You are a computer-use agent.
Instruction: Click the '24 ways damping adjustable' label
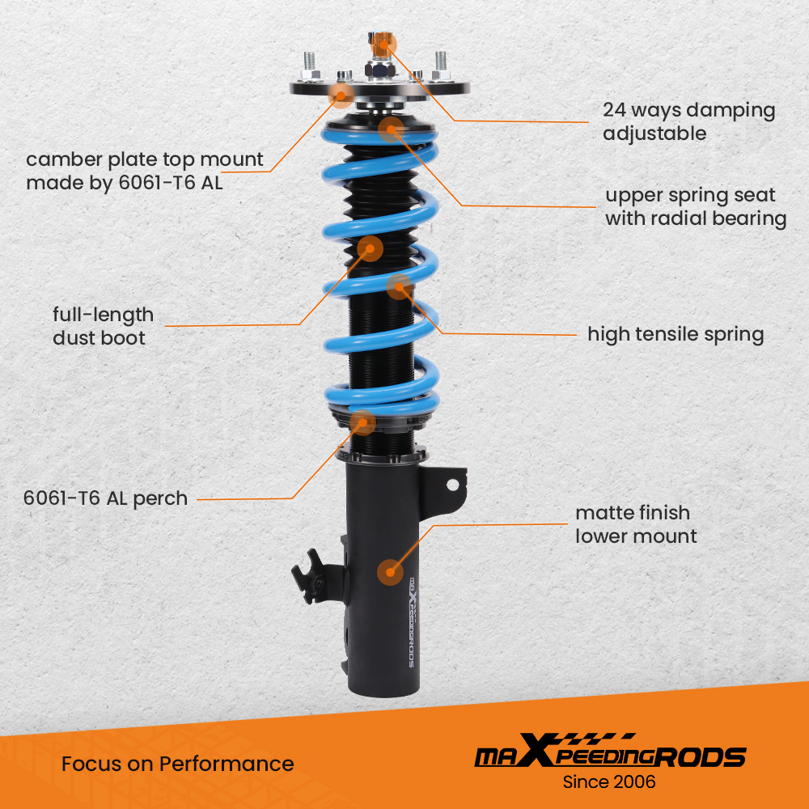point(688,121)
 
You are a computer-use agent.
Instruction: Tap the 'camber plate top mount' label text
point(144,171)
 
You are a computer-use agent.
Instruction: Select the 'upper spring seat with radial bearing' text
point(695,206)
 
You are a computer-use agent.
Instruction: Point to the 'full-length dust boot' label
point(103,325)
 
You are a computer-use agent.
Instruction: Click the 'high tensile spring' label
point(676,334)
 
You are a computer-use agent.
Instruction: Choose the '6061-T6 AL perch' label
point(105,498)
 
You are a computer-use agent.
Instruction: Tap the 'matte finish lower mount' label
point(635,524)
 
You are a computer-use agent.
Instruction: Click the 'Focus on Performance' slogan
point(177,764)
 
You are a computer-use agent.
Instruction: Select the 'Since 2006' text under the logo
point(609,782)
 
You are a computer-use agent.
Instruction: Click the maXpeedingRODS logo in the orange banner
point(609,756)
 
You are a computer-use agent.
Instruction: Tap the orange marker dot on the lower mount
point(390,572)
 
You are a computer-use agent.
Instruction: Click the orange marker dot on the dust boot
point(371,248)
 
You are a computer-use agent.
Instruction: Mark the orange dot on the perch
point(362,421)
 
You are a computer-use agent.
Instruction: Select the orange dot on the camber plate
point(341,95)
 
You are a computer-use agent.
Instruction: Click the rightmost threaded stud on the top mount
point(441,64)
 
